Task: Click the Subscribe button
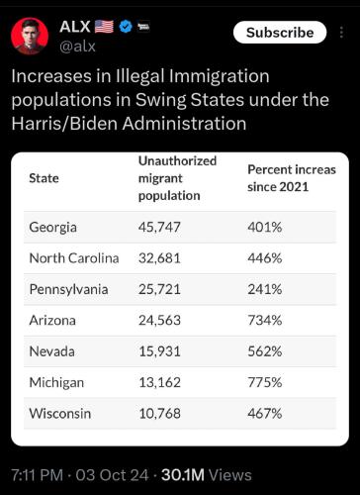280,32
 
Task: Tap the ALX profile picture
30,36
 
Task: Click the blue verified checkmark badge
126,26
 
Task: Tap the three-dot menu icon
341,33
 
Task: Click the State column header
44,178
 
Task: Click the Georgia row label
52,227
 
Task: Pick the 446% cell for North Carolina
265,257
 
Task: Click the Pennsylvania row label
68,289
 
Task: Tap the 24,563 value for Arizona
160,320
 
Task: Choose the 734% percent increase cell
265,320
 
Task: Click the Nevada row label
51,350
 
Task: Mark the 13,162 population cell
160,381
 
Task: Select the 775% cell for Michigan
265,381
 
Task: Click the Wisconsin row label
61,412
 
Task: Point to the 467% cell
265,412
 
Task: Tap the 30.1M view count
184,475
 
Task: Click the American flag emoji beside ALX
104,26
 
